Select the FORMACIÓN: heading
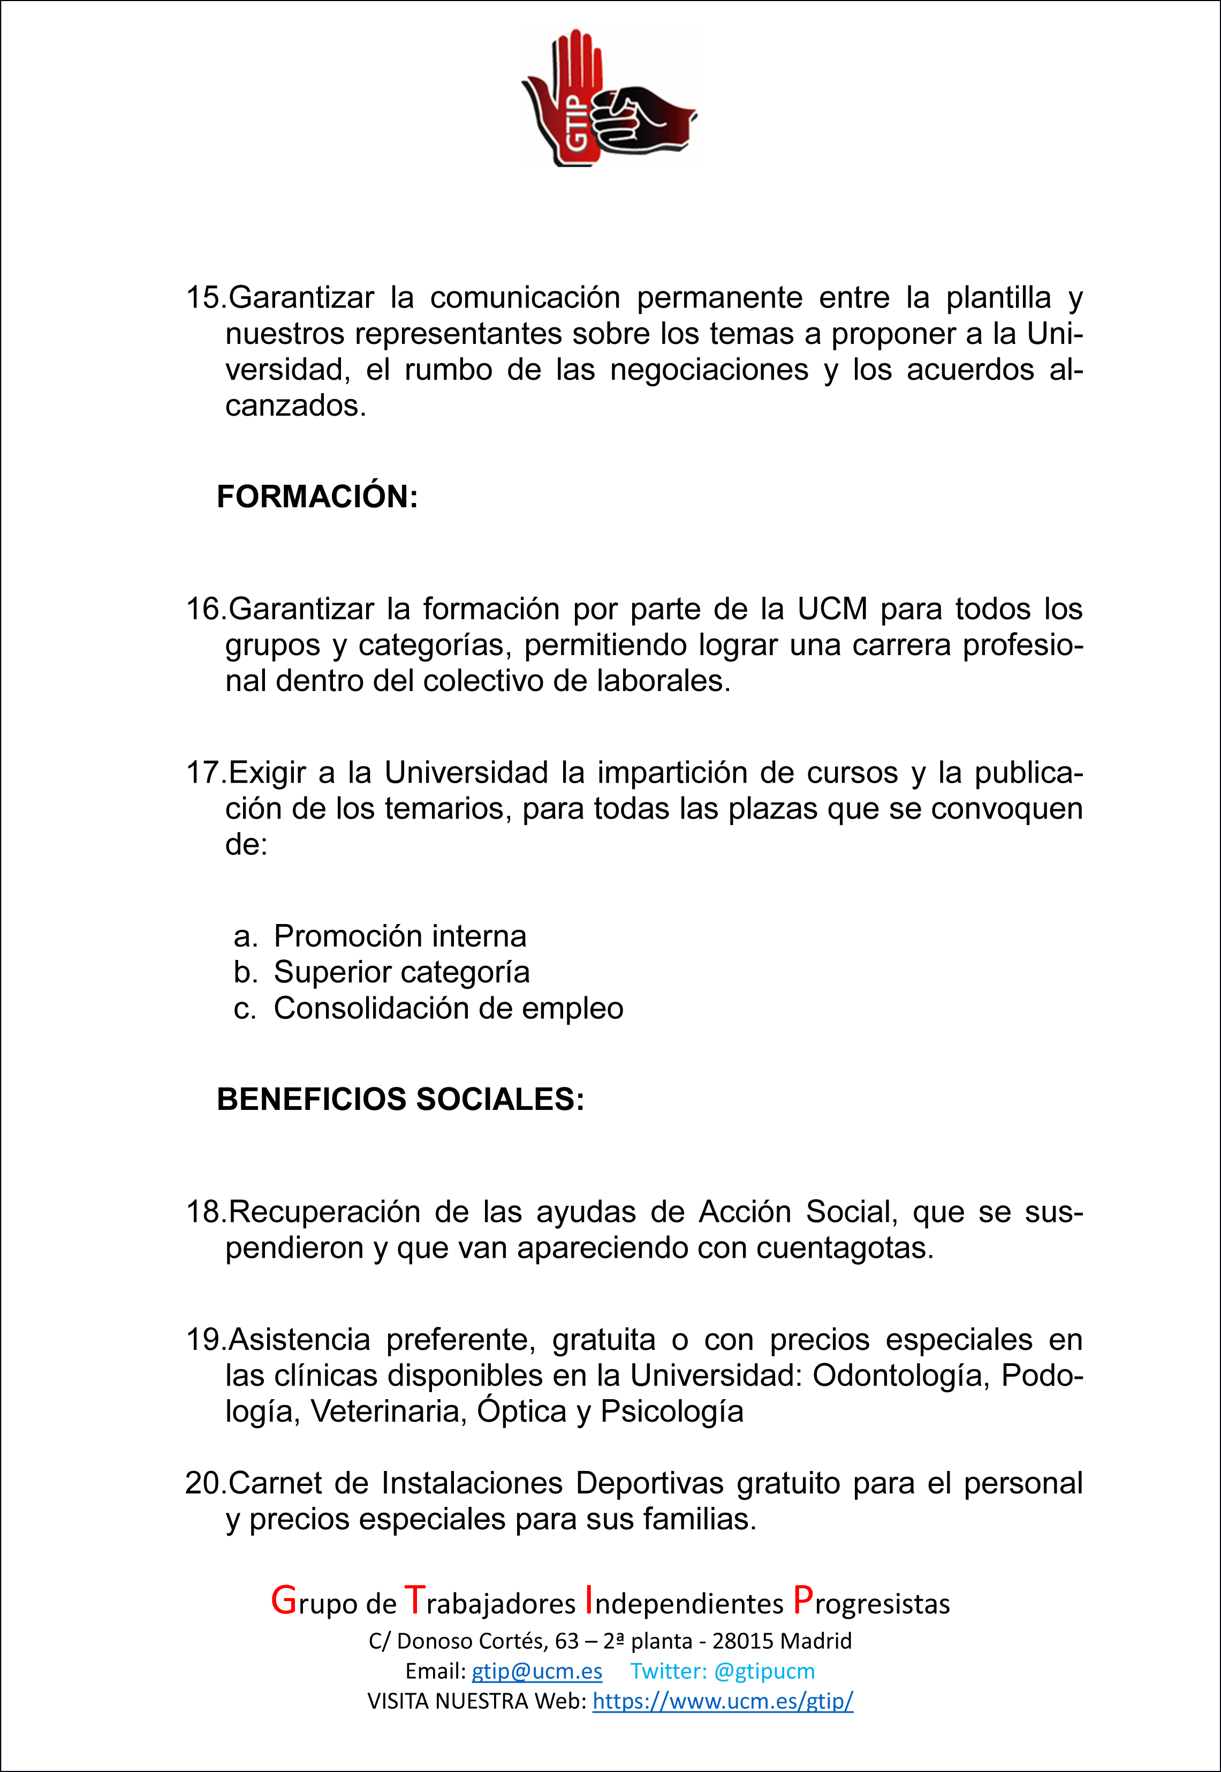coord(317,497)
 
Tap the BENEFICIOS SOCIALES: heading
coord(400,1099)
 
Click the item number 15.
coord(205,298)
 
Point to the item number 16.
coord(205,609)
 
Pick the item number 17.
coord(205,773)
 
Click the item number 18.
coord(205,1212)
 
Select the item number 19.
coord(205,1340)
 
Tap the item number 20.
coord(205,1483)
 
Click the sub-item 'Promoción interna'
coord(400,936)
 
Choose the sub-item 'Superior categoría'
coord(401,972)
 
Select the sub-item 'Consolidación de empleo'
coord(449,1008)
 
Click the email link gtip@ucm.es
coord(536,1671)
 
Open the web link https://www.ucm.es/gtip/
coord(722,1701)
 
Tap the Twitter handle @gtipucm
coord(763,1671)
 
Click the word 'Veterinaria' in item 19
coord(388,1412)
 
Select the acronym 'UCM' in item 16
coord(832,609)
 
